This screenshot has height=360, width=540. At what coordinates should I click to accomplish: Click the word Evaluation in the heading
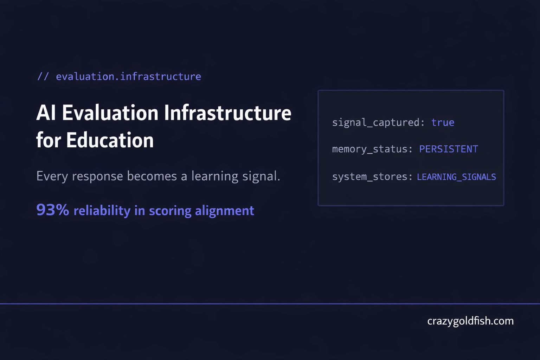[110, 113]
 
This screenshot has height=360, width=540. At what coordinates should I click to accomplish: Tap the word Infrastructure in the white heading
[227, 113]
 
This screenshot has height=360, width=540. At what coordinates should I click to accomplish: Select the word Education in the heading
[110, 140]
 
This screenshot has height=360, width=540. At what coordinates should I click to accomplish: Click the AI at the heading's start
[46, 113]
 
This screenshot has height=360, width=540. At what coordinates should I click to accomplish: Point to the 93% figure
[52, 210]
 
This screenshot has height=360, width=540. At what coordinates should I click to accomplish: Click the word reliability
[102, 211]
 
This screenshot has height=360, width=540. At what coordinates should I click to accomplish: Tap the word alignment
[224, 211]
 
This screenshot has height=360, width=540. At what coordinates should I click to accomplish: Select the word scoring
[170, 211]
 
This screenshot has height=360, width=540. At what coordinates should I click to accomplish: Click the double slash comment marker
[43, 76]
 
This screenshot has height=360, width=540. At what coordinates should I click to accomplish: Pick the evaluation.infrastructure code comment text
[128, 76]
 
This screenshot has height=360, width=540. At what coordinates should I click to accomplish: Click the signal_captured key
[376, 122]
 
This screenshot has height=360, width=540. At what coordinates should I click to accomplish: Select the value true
[443, 122]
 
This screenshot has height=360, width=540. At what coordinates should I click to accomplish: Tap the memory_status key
[370, 149]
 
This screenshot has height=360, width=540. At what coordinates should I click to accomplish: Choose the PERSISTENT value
[449, 149]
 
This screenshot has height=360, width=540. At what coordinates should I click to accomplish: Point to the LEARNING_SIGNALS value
[456, 177]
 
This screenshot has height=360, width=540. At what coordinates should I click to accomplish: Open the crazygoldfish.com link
[470, 321]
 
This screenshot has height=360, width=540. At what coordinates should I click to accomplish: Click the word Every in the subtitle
[52, 176]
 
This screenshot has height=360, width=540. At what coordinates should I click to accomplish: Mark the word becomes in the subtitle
[152, 176]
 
